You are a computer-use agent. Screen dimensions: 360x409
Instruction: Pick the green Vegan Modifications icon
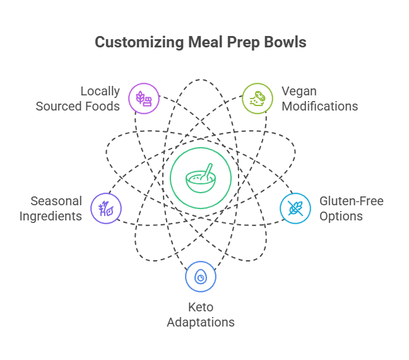[x=258, y=98]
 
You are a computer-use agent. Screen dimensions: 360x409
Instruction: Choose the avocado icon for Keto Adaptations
[x=201, y=277]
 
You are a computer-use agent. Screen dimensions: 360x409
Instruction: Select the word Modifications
[x=319, y=106]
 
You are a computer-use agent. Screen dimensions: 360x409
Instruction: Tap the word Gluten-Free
[x=351, y=201]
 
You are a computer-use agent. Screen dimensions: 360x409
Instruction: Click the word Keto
[x=201, y=308]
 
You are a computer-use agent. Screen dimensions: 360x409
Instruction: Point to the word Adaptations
[x=201, y=322]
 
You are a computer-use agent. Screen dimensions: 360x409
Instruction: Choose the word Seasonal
[x=56, y=201]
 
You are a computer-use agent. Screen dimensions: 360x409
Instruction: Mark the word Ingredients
[x=50, y=216]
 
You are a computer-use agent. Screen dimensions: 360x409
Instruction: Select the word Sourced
[x=59, y=106]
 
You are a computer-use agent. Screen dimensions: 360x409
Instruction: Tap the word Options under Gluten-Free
[x=341, y=216]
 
